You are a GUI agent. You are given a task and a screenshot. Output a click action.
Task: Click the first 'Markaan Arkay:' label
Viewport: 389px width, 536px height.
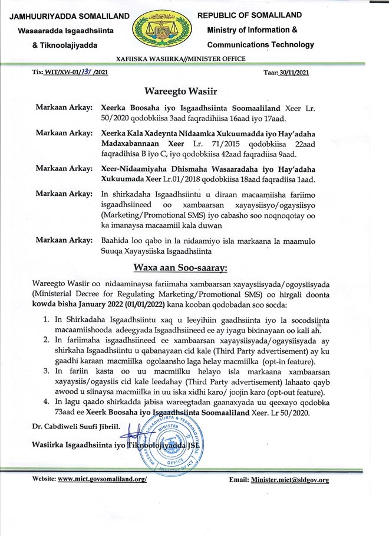(64, 107)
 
